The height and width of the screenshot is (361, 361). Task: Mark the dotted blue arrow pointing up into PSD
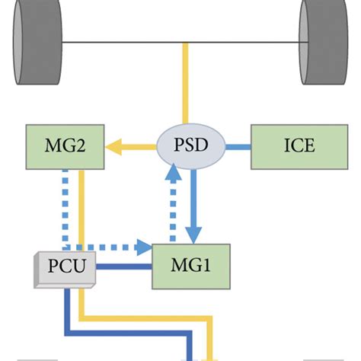point(174,206)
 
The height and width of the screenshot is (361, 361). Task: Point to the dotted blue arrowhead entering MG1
point(143,247)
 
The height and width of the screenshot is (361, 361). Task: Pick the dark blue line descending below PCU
point(68,312)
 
